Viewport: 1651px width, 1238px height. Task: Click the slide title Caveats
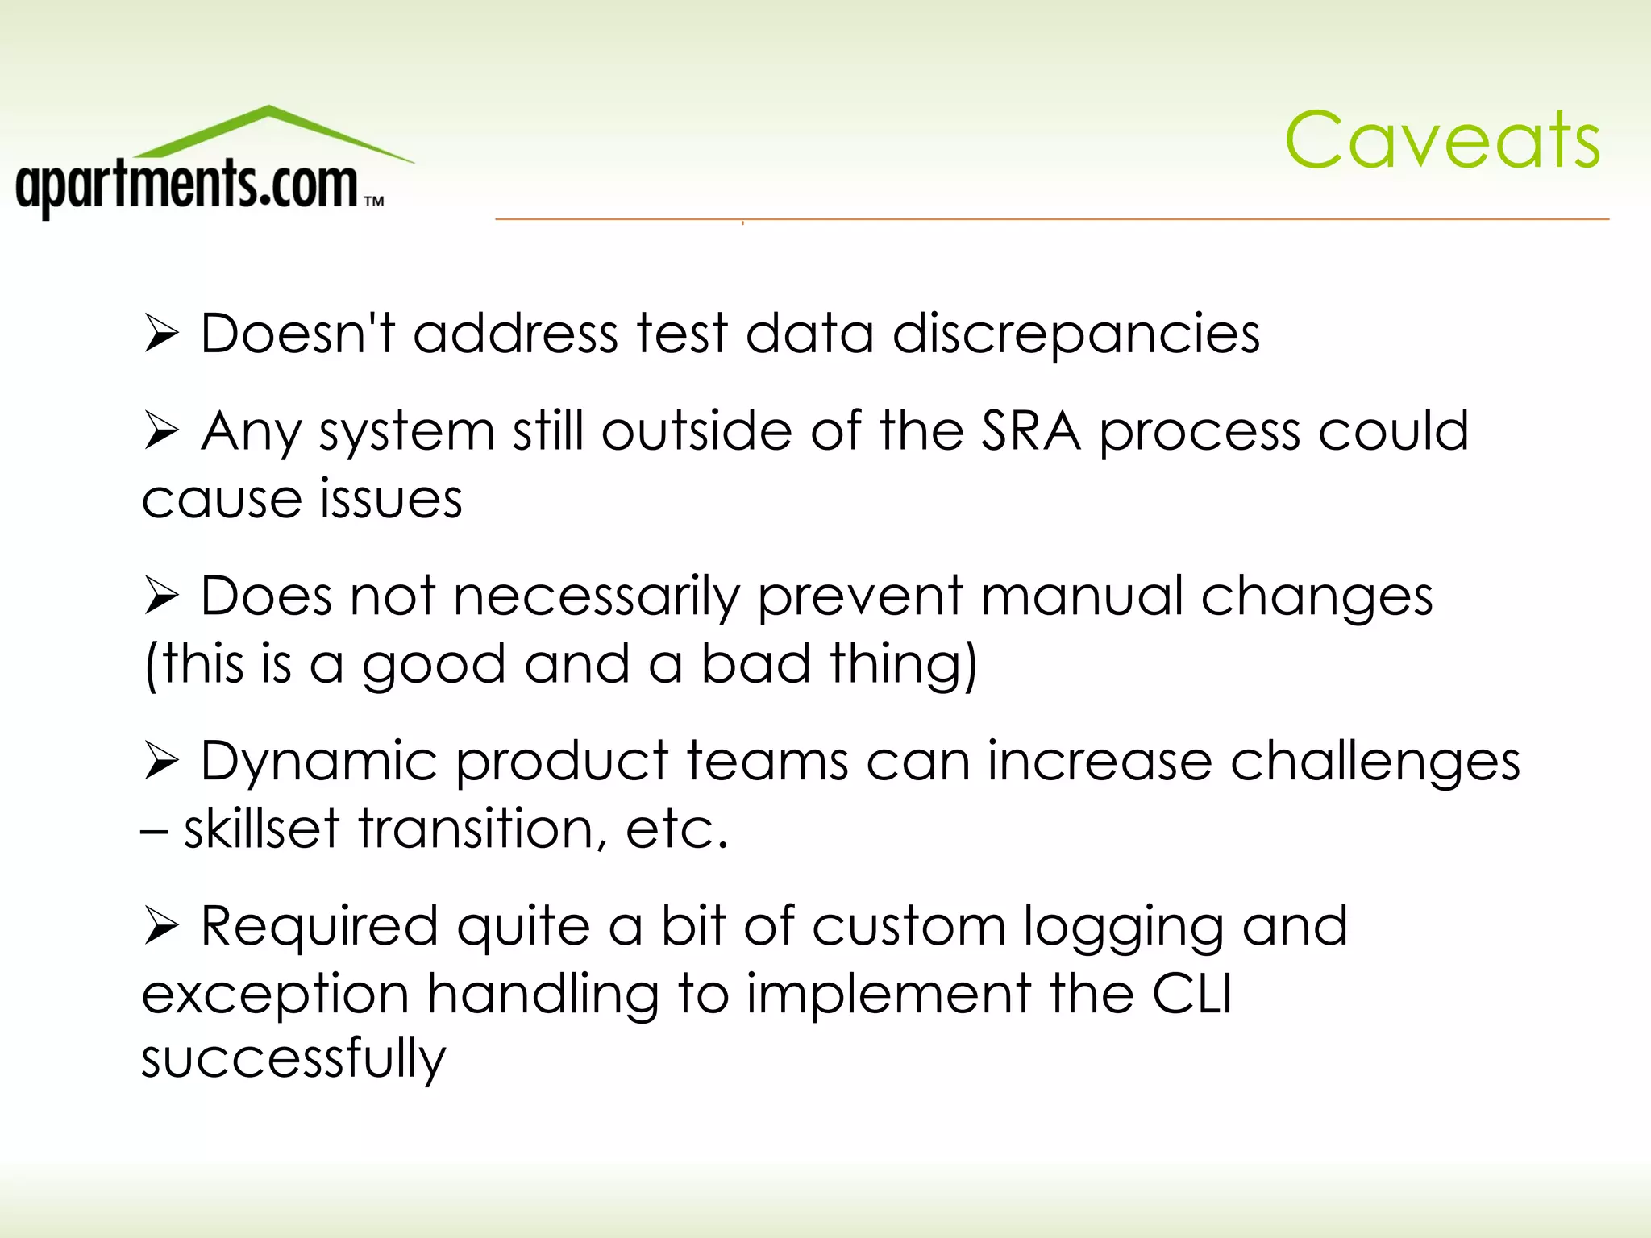(x=1442, y=140)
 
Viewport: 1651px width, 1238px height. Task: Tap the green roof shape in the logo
(x=270, y=129)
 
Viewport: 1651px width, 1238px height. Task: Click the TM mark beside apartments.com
(x=374, y=201)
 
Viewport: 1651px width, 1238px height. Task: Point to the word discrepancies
(x=1076, y=334)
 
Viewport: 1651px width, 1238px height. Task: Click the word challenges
(x=1375, y=762)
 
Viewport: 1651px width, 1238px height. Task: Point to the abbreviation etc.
(x=676, y=829)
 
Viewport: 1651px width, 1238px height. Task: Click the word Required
(x=319, y=926)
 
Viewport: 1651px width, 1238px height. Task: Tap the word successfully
(x=293, y=1059)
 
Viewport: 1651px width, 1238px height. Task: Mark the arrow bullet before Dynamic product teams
(x=161, y=761)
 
